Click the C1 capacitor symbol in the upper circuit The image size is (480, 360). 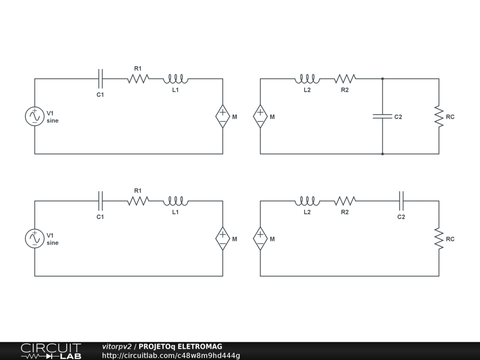tap(100, 78)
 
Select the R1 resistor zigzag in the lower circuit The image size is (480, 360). tap(138, 201)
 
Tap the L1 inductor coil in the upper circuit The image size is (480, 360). tap(176, 79)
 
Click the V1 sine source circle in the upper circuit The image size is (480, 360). tap(35, 116)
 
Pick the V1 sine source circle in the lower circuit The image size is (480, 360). tap(35, 239)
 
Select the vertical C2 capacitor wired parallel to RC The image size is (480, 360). tap(382, 116)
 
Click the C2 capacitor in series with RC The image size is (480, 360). tap(401, 201)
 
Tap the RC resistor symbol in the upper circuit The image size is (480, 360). tap(439, 116)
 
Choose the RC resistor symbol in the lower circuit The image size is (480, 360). tap(439, 239)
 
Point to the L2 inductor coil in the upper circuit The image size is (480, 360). tap(307, 79)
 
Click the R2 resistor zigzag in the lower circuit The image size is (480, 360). tap(345, 201)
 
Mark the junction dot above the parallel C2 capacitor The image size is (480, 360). tap(382, 79)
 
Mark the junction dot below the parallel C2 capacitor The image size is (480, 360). tap(382, 154)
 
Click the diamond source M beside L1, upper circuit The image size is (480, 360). tap(223, 116)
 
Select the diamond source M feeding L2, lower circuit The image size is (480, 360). tap(260, 239)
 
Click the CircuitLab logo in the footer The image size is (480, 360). tap(51, 351)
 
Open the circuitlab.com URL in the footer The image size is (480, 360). tap(171, 356)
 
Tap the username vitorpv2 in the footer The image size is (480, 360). tap(117, 347)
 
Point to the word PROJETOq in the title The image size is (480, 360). tap(157, 347)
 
